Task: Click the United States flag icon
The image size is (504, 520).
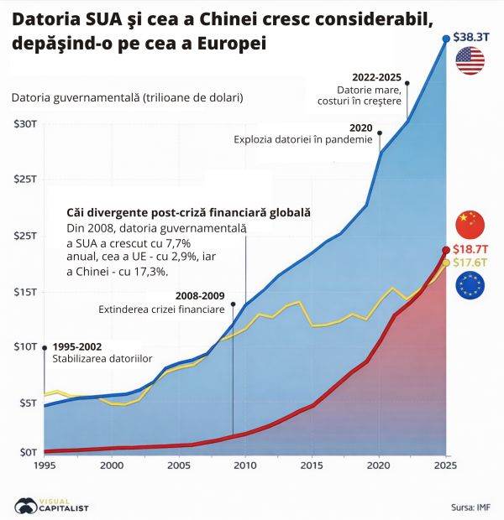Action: coord(470,60)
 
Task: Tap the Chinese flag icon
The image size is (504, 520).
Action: coord(470,224)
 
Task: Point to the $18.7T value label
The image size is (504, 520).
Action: coord(471,249)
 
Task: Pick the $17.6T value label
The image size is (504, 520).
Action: coord(471,263)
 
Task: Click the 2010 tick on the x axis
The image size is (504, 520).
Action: coord(244,465)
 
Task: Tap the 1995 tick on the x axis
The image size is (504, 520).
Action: coord(44,465)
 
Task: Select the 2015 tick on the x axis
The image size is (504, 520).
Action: coord(312,465)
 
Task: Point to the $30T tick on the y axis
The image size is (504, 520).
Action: coord(24,124)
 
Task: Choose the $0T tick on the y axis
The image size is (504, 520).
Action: coord(24,452)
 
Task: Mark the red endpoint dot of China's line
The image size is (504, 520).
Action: coord(445,250)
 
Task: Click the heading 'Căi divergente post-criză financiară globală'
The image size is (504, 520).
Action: coord(188,213)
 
